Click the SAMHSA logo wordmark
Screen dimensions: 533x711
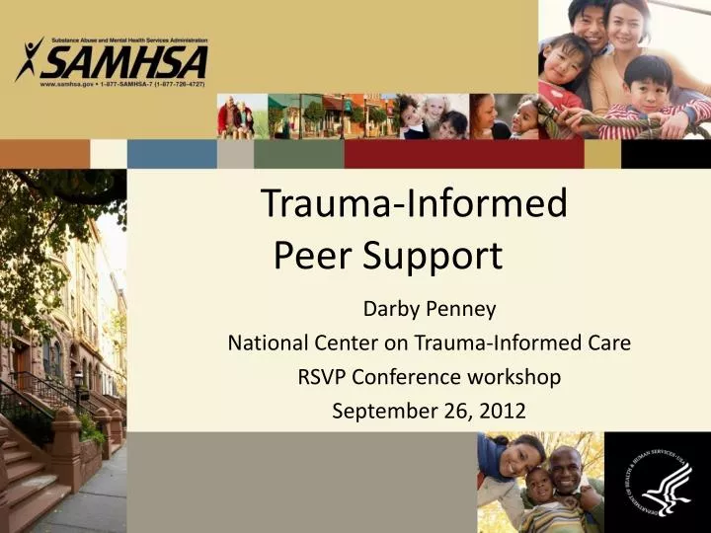click(124, 63)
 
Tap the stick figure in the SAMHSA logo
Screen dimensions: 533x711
click(30, 59)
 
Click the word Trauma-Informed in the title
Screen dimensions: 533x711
click(414, 203)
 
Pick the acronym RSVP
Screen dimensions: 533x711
click(323, 377)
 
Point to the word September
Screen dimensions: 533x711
click(376, 411)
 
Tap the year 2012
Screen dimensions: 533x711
click(505, 411)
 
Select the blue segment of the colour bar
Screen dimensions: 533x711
click(172, 153)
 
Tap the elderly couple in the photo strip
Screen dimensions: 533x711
click(236, 117)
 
